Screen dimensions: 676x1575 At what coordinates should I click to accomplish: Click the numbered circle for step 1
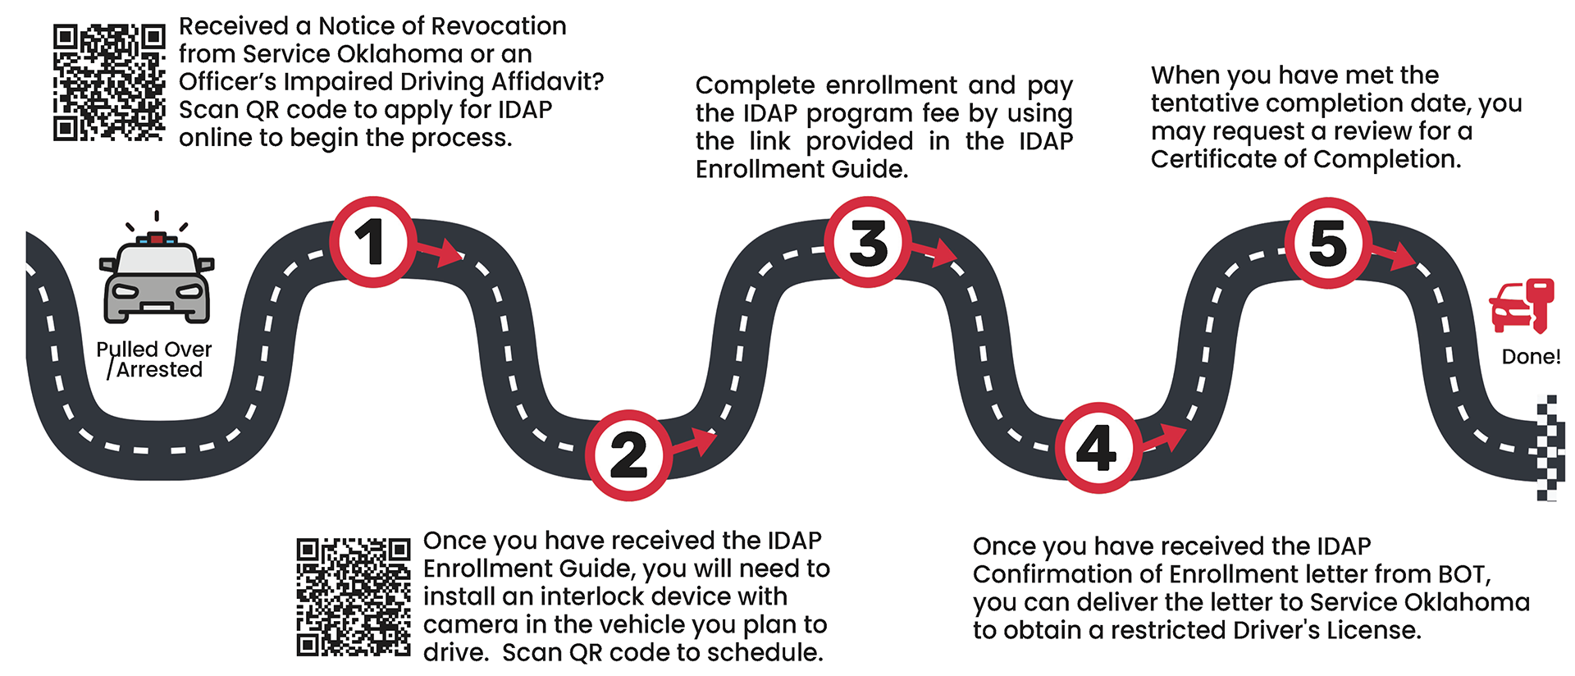[372, 242]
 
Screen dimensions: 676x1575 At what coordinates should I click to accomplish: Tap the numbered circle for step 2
[629, 454]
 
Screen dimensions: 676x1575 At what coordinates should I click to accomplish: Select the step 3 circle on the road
[868, 242]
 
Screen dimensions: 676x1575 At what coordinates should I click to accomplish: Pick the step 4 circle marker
[1098, 448]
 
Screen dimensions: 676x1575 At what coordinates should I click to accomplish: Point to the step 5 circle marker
[1328, 242]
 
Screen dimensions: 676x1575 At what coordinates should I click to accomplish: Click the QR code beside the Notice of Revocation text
[109, 82]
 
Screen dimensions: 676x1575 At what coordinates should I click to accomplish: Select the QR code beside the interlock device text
[353, 596]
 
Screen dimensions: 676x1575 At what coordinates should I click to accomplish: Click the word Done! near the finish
[1531, 357]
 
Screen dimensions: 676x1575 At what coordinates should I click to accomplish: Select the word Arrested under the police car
[159, 370]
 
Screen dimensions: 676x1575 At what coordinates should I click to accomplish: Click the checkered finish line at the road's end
[1546, 448]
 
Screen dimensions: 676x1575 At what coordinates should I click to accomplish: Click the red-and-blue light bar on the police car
[157, 240]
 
